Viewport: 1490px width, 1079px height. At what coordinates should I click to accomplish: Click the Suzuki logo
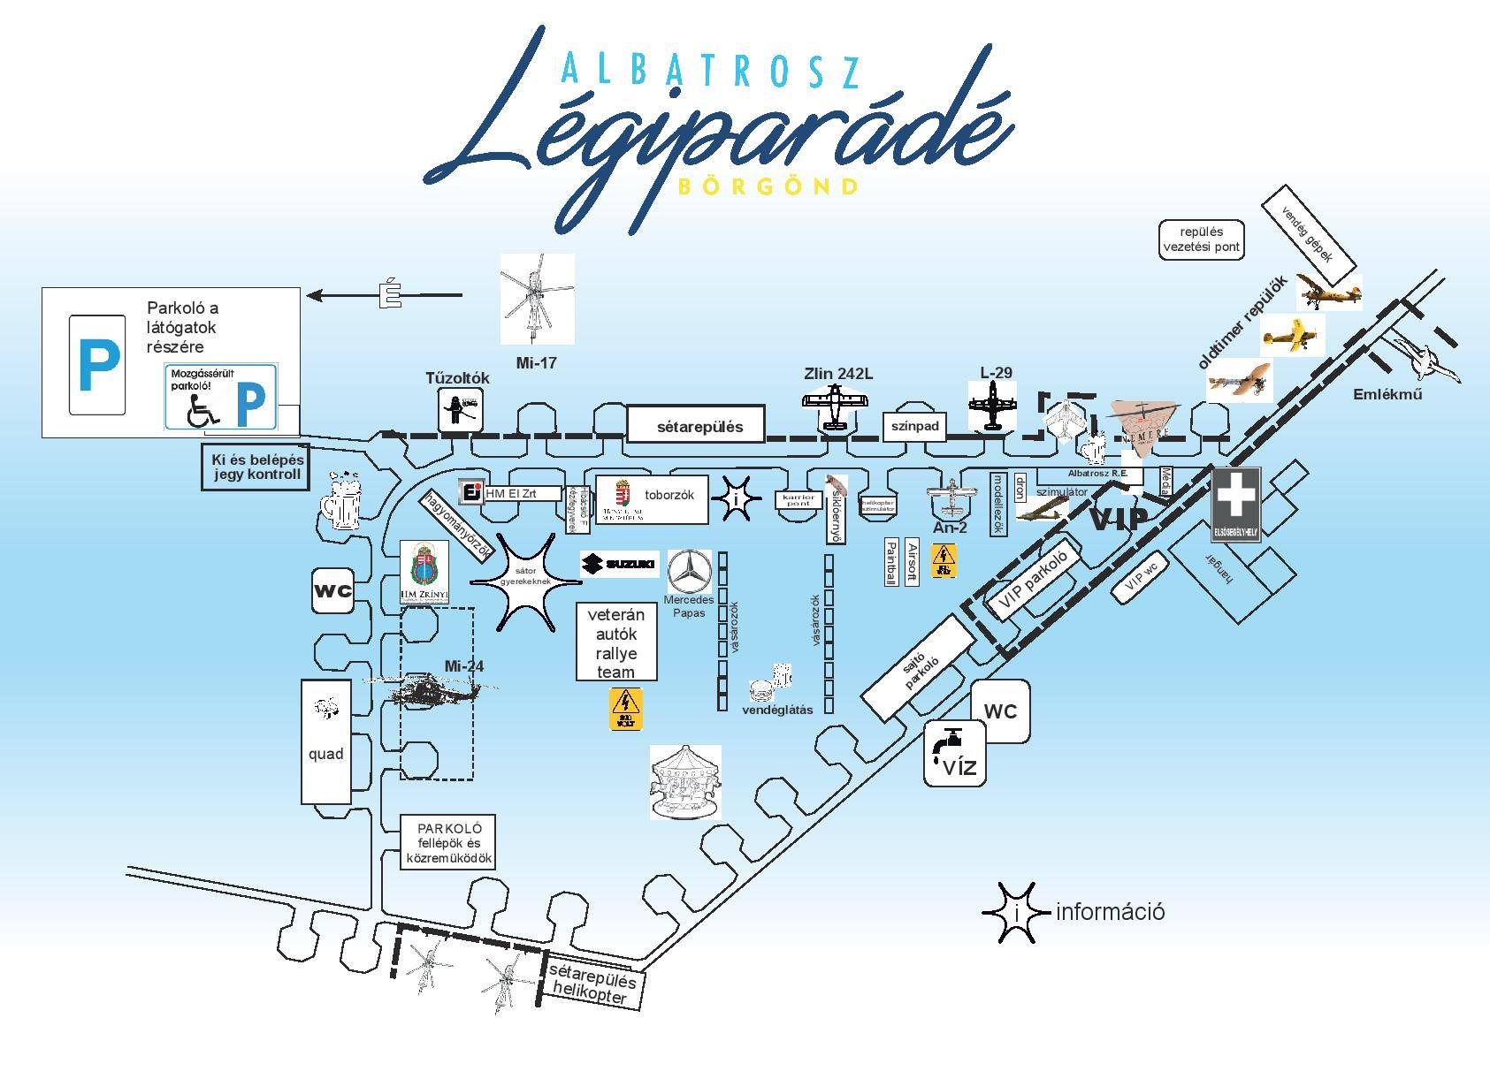(619, 564)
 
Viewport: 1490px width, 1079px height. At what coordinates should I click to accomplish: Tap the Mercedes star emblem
(689, 572)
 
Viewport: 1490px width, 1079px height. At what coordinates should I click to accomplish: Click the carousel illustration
(685, 781)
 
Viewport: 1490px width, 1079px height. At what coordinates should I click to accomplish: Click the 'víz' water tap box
(955, 752)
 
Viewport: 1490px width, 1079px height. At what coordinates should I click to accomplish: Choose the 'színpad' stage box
(914, 427)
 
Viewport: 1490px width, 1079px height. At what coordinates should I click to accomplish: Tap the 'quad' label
(325, 754)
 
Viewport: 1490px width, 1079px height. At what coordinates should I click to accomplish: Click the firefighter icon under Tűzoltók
(462, 410)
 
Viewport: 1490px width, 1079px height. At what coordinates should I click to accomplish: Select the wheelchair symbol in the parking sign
(202, 409)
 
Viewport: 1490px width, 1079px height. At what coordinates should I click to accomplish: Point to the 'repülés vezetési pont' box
(1202, 239)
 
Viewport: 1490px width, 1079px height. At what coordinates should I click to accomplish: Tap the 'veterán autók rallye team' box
(616, 642)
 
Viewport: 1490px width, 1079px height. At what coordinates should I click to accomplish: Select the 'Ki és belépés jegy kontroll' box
(257, 466)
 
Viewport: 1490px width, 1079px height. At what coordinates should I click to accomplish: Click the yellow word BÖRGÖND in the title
(767, 186)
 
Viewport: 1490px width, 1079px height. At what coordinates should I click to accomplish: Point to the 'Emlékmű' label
(1387, 394)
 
